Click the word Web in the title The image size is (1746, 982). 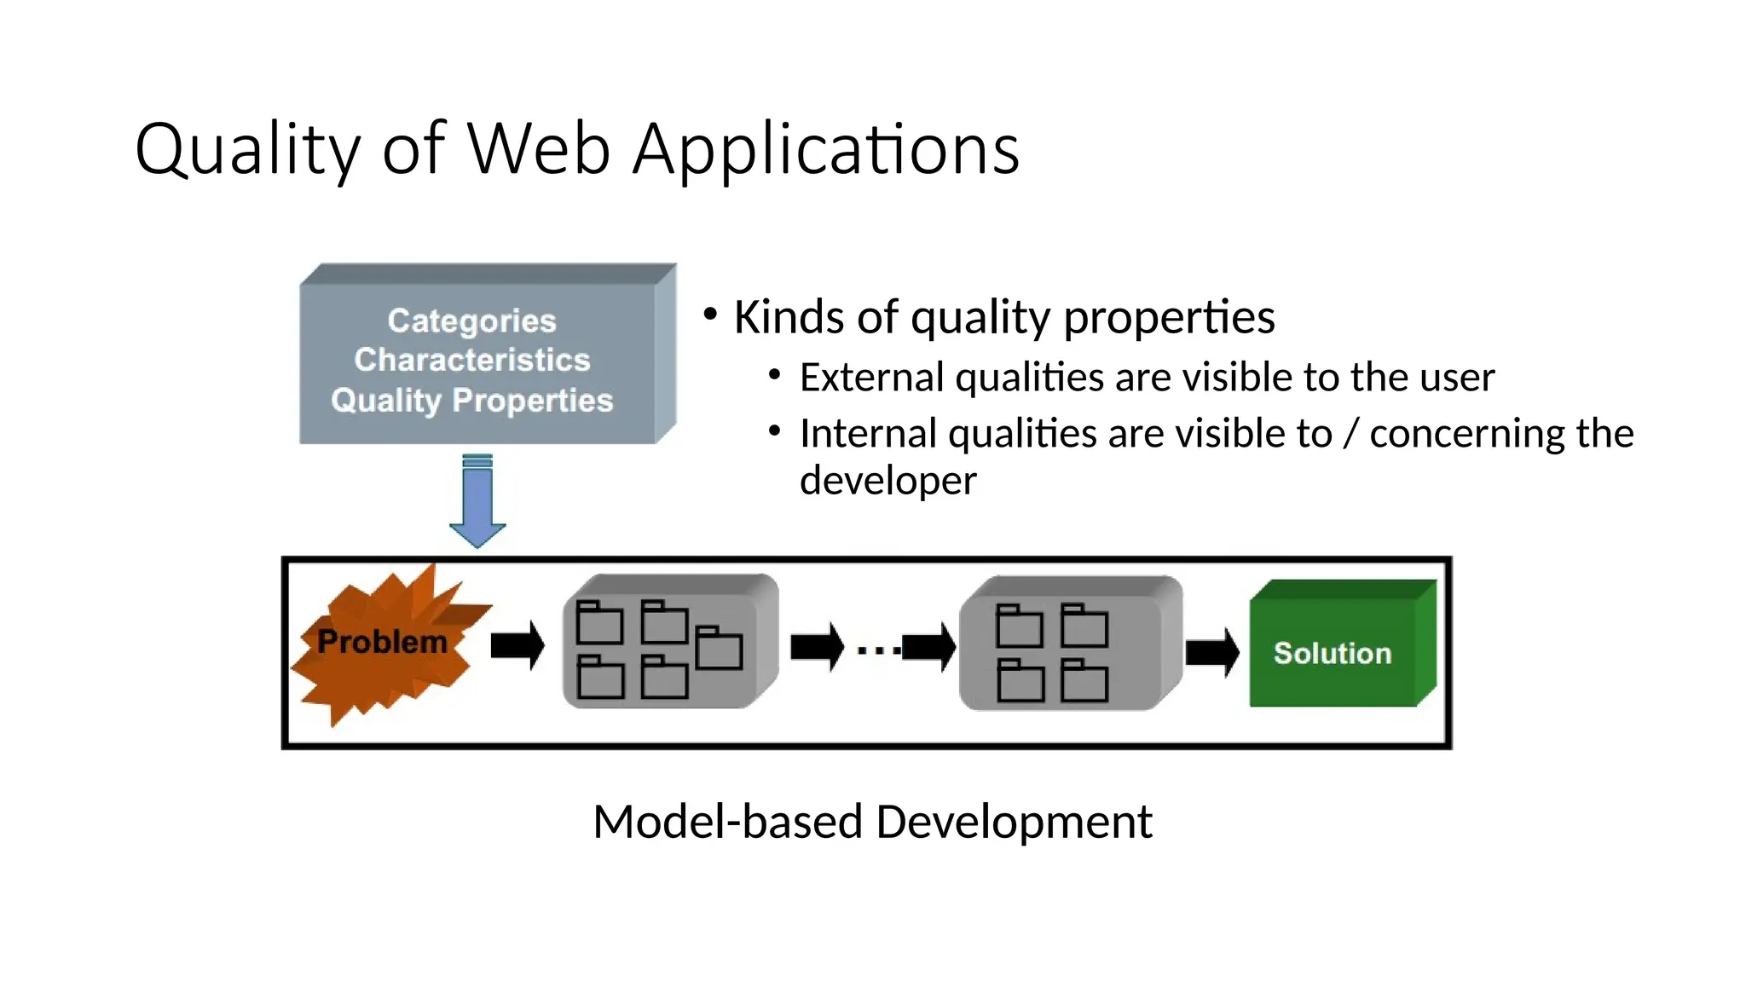coord(539,149)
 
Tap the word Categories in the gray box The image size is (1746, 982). coord(471,321)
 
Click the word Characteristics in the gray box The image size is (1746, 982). coord(471,360)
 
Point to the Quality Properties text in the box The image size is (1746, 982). coord(471,400)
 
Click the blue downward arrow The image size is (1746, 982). coord(477,501)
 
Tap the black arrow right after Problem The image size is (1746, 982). coord(517,645)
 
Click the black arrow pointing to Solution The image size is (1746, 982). coord(1211,652)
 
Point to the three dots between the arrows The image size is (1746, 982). coord(878,650)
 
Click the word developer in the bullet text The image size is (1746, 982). coord(887,481)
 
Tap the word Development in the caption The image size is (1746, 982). coord(1014,822)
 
